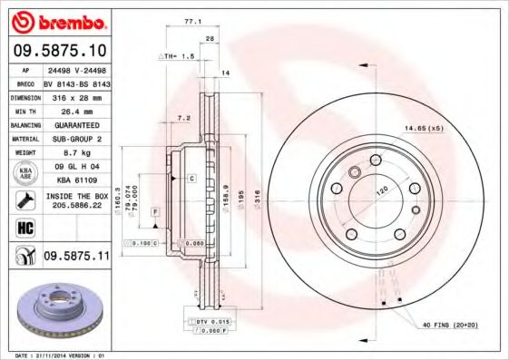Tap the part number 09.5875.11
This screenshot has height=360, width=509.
pyautogui.click(x=76, y=258)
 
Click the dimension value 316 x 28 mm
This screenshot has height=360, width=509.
pyautogui.click(x=76, y=94)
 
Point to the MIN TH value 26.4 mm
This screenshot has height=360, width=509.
pyautogui.click(x=76, y=109)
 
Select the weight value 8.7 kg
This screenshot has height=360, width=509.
pyautogui.click(x=76, y=152)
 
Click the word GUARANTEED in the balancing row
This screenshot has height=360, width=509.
pyautogui.click(x=76, y=123)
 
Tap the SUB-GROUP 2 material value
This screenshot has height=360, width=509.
pyautogui.click(x=76, y=138)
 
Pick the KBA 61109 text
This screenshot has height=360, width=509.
pyautogui.click(x=76, y=180)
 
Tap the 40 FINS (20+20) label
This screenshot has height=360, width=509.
pyautogui.click(x=452, y=325)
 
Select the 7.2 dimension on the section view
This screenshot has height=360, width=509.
pyautogui.click(x=183, y=118)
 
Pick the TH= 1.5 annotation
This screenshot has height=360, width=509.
pyautogui.click(x=181, y=56)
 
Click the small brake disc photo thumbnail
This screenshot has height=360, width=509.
pyautogui.click(x=57, y=307)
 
